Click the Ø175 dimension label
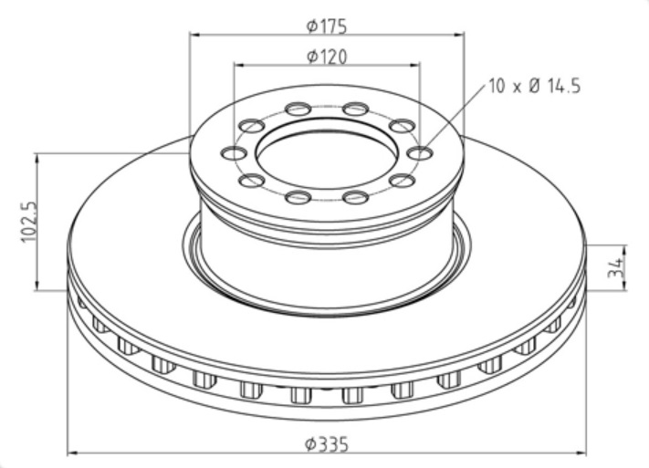pos(326,26)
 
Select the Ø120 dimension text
pos(327,57)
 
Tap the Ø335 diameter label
pos(327,444)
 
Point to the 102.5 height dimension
pos(29,222)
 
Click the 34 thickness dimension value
pos(615,267)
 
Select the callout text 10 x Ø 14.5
pos(535,86)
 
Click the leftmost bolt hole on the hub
pos(234,153)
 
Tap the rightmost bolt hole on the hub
pos(419,153)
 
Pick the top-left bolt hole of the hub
pos(298,109)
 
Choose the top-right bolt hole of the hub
pos(356,109)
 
